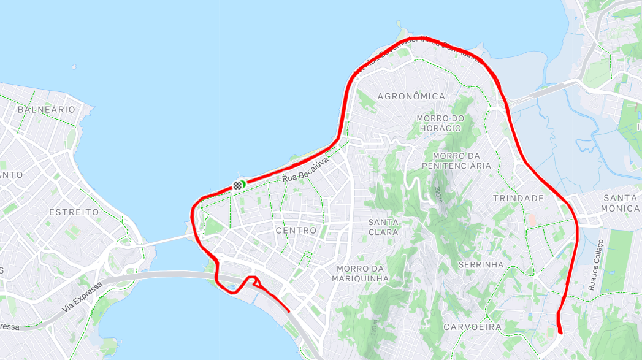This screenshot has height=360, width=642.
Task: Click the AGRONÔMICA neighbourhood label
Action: pyautogui.click(x=411, y=96)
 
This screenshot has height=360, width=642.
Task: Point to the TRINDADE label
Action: pyautogui.click(x=518, y=199)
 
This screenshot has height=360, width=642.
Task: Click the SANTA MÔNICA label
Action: pyautogui.click(x=621, y=203)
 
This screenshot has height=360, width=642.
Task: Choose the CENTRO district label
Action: pyautogui.click(x=296, y=231)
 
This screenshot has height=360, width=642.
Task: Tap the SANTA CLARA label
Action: pyautogui.click(x=383, y=227)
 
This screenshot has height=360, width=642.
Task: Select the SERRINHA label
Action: pyautogui.click(x=481, y=265)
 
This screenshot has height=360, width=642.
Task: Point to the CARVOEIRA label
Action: pyautogui.click(x=472, y=327)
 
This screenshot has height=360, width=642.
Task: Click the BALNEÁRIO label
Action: pyautogui.click(x=47, y=109)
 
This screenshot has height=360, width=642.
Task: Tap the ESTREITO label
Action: pyautogui.click(x=74, y=212)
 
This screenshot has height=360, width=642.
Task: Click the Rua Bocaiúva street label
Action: pyautogui.click(x=307, y=170)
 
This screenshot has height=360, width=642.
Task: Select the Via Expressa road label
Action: pyautogui.click(x=81, y=299)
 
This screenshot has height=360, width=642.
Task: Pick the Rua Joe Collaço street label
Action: pyautogui.click(x=594, y=264)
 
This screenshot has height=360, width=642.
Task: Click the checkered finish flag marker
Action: pyautogui.click(x=236, y=185)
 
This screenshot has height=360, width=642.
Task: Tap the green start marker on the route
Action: pyautogui.click(x=243, y=183)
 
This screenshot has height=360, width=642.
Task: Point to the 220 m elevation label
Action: pyautogui.click(x=438, y=195)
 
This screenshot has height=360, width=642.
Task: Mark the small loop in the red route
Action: pyautogui.click(x=254, y=283)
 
